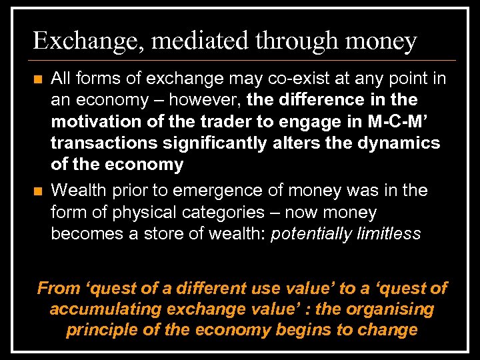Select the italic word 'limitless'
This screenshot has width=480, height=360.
point(389,234)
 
